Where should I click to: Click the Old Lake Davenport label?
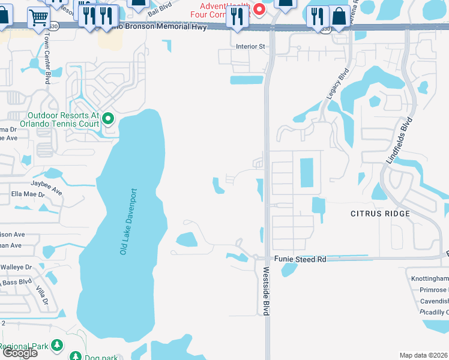pyautogui.click(x=128, y=221)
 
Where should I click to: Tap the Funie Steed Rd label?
pyautogui.click(x=300, y=259)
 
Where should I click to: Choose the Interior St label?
pyautogui.click(x=250, y=46)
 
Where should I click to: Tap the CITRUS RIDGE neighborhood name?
pyautogui.click(x=380, y=214)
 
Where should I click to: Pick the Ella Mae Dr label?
pyautogui.click(x=29, y=195)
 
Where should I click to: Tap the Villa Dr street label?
pyautogui.click(x=41, y=296)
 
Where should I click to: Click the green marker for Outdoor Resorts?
pyautogui.click(x=108, y=118)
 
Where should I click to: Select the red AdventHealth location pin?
pyautogui.click(x=259, y=9)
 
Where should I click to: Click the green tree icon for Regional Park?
pyautogui.click(x=57, y=346)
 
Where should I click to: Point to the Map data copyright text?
pyautogui.click(x=424, y=355)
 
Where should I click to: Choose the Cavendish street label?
pyautogui.click(x=434, y=301)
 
